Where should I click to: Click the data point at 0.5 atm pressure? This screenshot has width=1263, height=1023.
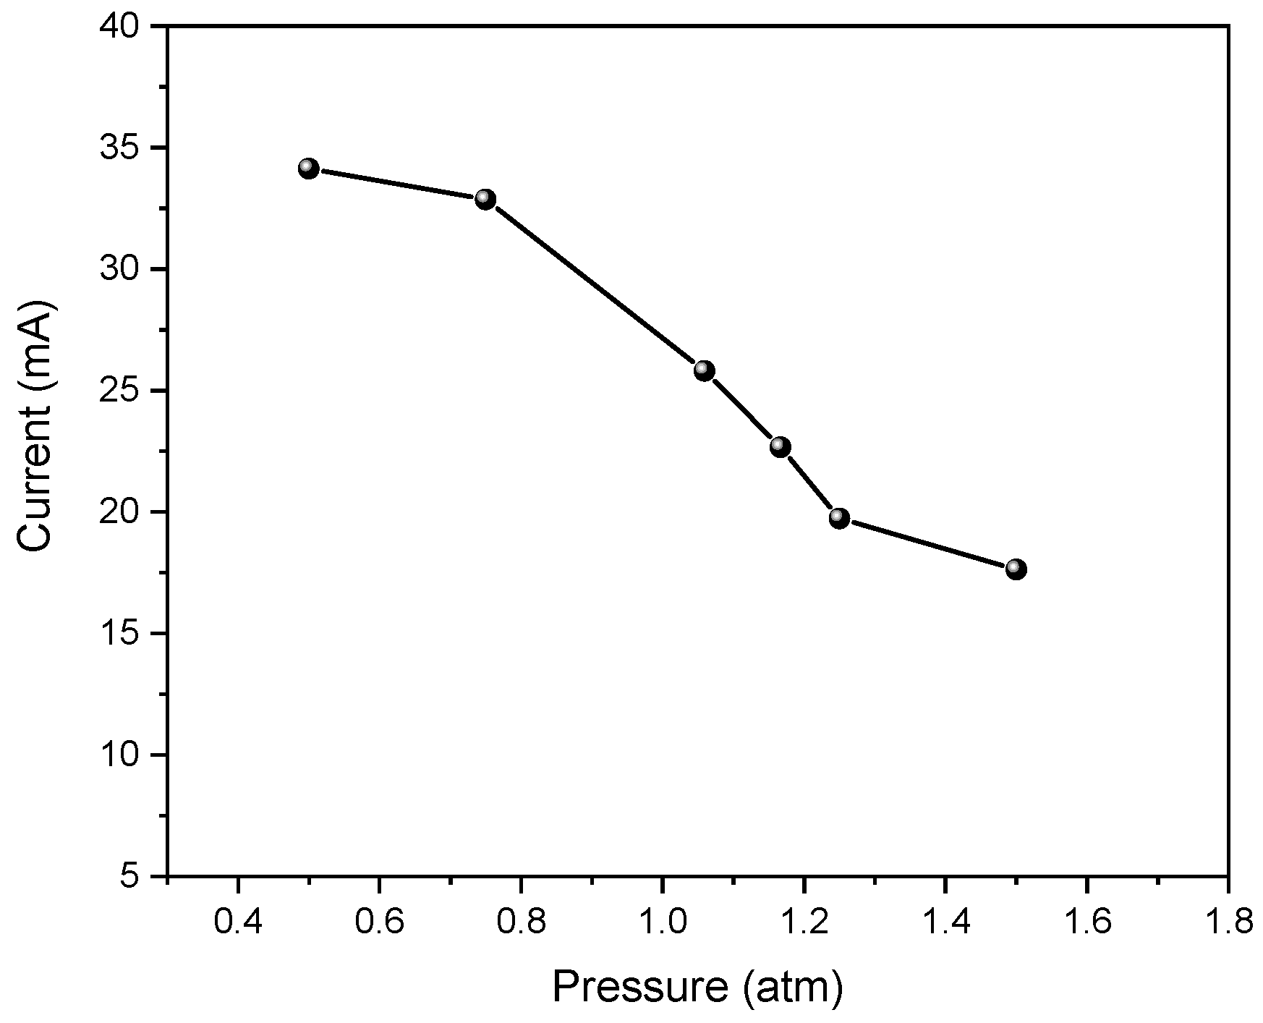308,169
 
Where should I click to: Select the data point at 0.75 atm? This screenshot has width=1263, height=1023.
485,199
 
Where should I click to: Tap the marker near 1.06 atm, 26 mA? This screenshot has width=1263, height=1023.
705,371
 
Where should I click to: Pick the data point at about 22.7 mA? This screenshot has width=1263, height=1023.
780,446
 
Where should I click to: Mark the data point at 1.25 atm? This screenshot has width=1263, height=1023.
839,517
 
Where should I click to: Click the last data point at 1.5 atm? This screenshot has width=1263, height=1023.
1016,569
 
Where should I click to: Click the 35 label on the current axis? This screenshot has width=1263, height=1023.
125,148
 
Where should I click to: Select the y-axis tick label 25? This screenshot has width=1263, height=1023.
125,391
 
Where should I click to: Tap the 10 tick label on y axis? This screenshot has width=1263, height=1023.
125,755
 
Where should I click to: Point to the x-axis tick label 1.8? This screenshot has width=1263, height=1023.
1228,922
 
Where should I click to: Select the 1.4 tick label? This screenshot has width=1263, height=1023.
945,922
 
